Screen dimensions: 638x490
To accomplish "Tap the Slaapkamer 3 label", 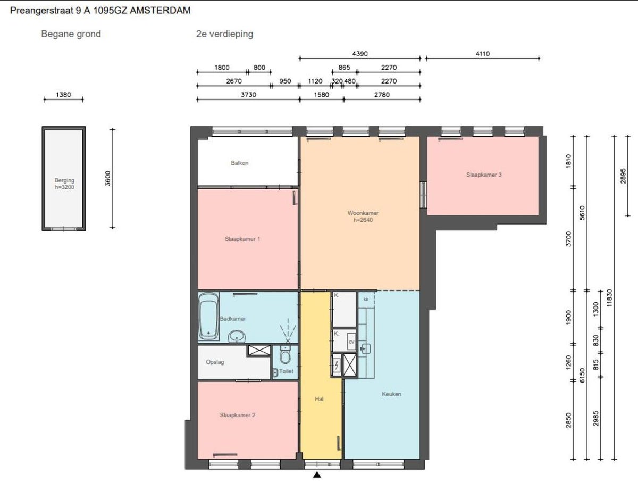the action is click(x=484, y=175).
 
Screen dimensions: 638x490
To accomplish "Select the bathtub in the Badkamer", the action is click(x=208, y=317).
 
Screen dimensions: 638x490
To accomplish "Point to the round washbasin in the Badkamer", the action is click(x=237, y=337).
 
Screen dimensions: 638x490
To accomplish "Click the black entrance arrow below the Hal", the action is click(x=317, y=475).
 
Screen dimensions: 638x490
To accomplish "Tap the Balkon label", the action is click(x=240, y=163).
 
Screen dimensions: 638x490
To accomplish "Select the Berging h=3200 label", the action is click(x=64, y=184).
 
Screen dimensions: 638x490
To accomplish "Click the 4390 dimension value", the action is click(x=360, y=54).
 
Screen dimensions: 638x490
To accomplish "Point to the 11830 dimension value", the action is click(x=609, y=298).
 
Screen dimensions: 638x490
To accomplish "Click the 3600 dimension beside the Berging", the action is click(x=108, y=178).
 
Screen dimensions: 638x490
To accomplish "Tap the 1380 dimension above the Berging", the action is click(x=63, y=95).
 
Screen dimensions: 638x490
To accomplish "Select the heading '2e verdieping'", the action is click(x=224, y=34).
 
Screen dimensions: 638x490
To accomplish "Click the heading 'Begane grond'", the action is click(x=71, y=34).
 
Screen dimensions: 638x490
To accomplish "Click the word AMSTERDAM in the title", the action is click(x=160, y=11).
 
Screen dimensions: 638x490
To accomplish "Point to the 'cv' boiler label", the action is click(x=351, y=342).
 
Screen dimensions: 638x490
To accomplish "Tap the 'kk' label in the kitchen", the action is click(x=366, y=300).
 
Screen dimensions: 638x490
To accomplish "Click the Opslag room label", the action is click(x=215, y=362).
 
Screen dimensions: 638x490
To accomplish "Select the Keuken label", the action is click(x=391, y=394).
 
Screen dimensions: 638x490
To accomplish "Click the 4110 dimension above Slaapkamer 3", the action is click(x=483, y=54).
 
